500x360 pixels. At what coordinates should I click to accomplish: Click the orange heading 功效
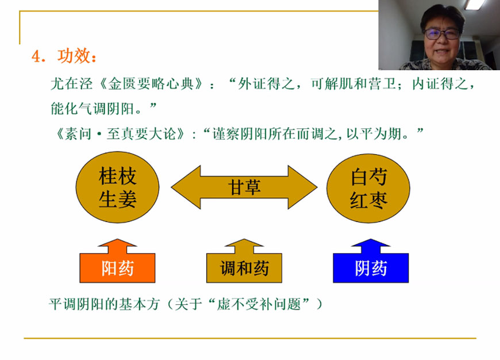[74, 56]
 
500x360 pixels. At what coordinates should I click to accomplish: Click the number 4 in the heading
[36, 57]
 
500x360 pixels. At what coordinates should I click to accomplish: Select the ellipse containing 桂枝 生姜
[117, 187]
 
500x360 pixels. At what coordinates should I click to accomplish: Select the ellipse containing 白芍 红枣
[368, 188]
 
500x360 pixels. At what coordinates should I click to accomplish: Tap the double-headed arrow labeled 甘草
[244, 187]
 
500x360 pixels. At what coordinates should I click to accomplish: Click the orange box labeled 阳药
[117, 268]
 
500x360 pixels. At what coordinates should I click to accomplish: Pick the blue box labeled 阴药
[371, 268]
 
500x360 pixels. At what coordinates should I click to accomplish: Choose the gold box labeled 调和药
[244, 268]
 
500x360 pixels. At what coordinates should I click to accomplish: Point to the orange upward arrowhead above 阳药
[117, 246]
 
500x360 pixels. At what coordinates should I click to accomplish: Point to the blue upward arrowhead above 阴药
[371, 246]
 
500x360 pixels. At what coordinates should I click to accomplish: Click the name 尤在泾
[72, 83]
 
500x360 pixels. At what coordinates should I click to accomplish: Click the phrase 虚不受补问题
[259, 304]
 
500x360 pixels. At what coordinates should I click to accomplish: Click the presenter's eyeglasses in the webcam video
[441, 33]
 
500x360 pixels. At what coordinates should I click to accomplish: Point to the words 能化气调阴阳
[92, 109]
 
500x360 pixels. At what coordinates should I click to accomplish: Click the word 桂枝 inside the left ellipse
[118, 176]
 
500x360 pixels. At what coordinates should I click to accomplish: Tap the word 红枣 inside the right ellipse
[368, 200]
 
